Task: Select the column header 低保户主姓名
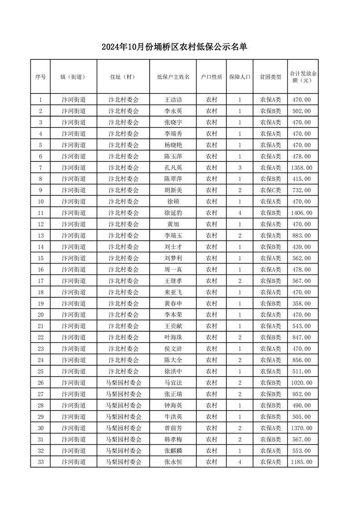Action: click(173, 77)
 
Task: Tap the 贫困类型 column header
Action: click(270, 77)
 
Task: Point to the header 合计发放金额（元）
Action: click(303, 77)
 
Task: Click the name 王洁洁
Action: click(173, 100)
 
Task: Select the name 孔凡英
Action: click(173, 168)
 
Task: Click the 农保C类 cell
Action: click(270, 191)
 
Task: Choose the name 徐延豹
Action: click(173, 213)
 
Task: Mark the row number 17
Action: click(41, 281)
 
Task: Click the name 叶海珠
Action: click(173, 338)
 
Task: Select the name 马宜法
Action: click(173, 383)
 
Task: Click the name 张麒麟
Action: click(173, 451)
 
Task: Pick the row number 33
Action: click(41, 462)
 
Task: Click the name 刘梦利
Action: click(173, 259)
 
